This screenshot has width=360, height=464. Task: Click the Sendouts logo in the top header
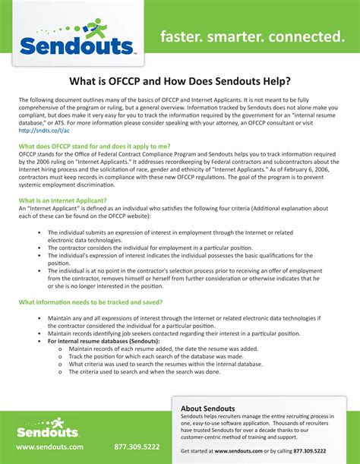pos(76,45)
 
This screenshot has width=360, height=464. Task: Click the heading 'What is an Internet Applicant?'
pos(62,200)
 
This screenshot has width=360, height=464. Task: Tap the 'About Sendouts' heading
pos(208,409)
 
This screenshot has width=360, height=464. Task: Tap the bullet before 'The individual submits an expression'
pos(39,233)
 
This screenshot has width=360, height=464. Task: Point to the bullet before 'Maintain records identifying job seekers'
pos(39,333)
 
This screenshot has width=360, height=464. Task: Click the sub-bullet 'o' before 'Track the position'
pos(60,356)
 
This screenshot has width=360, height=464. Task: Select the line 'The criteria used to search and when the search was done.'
pos(144,372)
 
